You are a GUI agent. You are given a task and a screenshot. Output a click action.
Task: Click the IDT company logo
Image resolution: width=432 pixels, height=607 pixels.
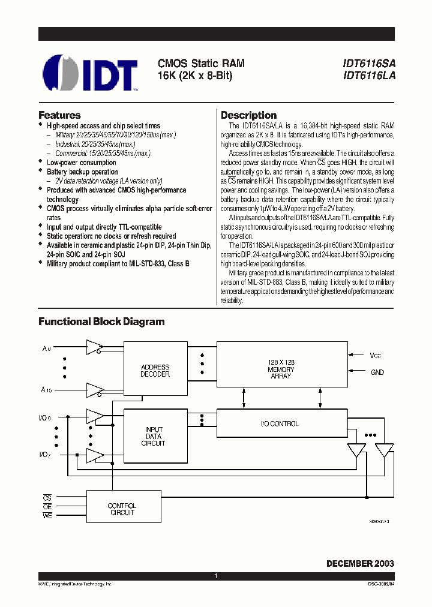[x=91, y=73]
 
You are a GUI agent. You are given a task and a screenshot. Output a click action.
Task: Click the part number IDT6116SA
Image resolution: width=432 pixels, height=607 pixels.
[x=369, y=63]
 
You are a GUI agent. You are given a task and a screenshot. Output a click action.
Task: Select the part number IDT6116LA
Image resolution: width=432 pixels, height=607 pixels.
[x=369, y=76]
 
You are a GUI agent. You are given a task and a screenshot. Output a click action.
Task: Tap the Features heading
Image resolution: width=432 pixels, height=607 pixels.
[x=59, y=115]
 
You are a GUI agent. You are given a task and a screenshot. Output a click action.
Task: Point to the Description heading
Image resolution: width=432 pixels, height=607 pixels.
[x=248, y=115]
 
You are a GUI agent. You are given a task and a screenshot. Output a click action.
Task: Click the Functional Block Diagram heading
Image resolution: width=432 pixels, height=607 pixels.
[x=101, y=321]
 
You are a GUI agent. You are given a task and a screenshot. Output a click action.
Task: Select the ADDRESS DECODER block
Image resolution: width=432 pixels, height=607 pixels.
[x=155, y=371]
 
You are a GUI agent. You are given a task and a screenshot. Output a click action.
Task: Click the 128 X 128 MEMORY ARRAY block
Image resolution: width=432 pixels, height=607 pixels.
[x=281, y=369]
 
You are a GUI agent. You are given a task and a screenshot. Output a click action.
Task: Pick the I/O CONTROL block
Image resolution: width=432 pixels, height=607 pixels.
[x=280, y=423]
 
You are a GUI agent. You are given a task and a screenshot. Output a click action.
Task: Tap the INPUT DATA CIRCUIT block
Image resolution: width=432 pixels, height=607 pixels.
[x=155, y=437]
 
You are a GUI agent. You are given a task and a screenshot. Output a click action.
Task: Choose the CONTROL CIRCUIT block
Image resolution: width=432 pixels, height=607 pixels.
[x=122, y=509]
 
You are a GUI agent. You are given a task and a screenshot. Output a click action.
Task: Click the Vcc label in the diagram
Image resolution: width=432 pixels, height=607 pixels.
[x=376, y=356]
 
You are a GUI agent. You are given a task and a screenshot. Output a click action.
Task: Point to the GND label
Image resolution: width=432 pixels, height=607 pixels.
[x=377, y=372]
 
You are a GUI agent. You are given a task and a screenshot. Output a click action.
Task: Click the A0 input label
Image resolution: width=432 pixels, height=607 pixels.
[x=46, y=348]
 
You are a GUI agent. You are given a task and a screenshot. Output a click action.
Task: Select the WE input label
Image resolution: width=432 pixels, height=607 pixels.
[x=47, y=516]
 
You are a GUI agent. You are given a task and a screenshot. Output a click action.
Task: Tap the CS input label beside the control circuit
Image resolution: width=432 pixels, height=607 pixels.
[x=47, y=497]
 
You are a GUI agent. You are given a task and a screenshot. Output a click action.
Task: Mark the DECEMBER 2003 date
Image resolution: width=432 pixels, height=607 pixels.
[x=360, y=564]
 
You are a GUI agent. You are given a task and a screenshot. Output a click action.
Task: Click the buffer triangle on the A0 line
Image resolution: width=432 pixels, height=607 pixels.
[x=94, y=346]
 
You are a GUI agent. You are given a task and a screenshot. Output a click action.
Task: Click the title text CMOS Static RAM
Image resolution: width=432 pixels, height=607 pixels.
[x=201, y=63]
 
